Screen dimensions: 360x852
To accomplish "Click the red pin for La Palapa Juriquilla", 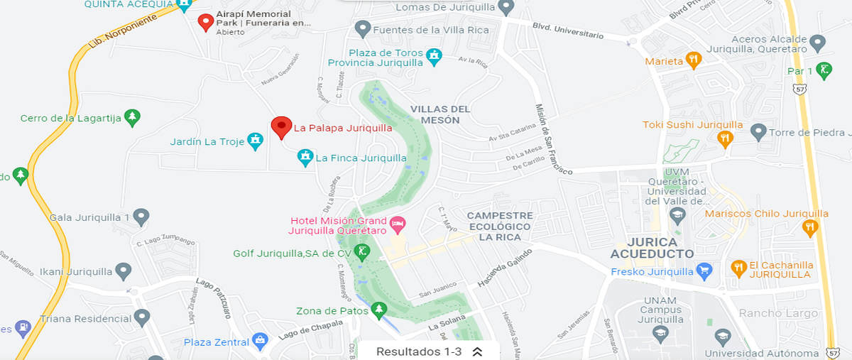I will pyautogui.click(x=282, y=127).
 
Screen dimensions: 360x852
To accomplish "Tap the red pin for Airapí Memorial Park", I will pyautogui.click(x=206, y=22).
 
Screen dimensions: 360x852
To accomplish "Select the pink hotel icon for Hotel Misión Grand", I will pyautogui.click(x=398, y=224).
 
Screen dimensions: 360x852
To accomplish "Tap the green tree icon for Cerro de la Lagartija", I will pyautogui.click(x=131, y=118).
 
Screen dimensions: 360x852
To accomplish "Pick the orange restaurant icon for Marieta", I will pyautogui.click(x=694, y=60).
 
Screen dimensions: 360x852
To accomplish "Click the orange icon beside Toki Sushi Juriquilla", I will pyautogui.click(x=724, y=138).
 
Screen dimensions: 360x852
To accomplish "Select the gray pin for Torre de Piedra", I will pyautogui.click(x=758, y=132).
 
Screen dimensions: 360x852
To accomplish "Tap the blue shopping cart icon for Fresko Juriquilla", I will pyautogui.click(x=704, y=271).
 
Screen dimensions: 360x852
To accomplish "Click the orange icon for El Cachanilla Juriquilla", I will pyautogui.click(x=738, y=268).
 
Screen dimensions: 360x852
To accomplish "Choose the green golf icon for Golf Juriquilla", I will pyautogui.click(x=362, y=252).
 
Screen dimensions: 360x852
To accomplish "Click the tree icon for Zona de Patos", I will pyautogui.click(x=379, y=310).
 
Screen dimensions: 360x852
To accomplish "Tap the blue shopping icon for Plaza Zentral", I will pyautogui.click(x=261, y=342).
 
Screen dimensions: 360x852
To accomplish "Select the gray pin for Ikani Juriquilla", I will pyautogui.click(x=124, y=271).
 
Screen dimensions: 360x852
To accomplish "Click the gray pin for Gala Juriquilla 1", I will pyautogui.click(x=141, y=216).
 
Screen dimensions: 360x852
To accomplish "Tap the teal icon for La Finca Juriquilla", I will pyautogui.click(x=305, y=158).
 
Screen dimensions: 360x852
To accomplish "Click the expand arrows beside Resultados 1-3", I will pyautogui.click(x=477, y=351).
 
